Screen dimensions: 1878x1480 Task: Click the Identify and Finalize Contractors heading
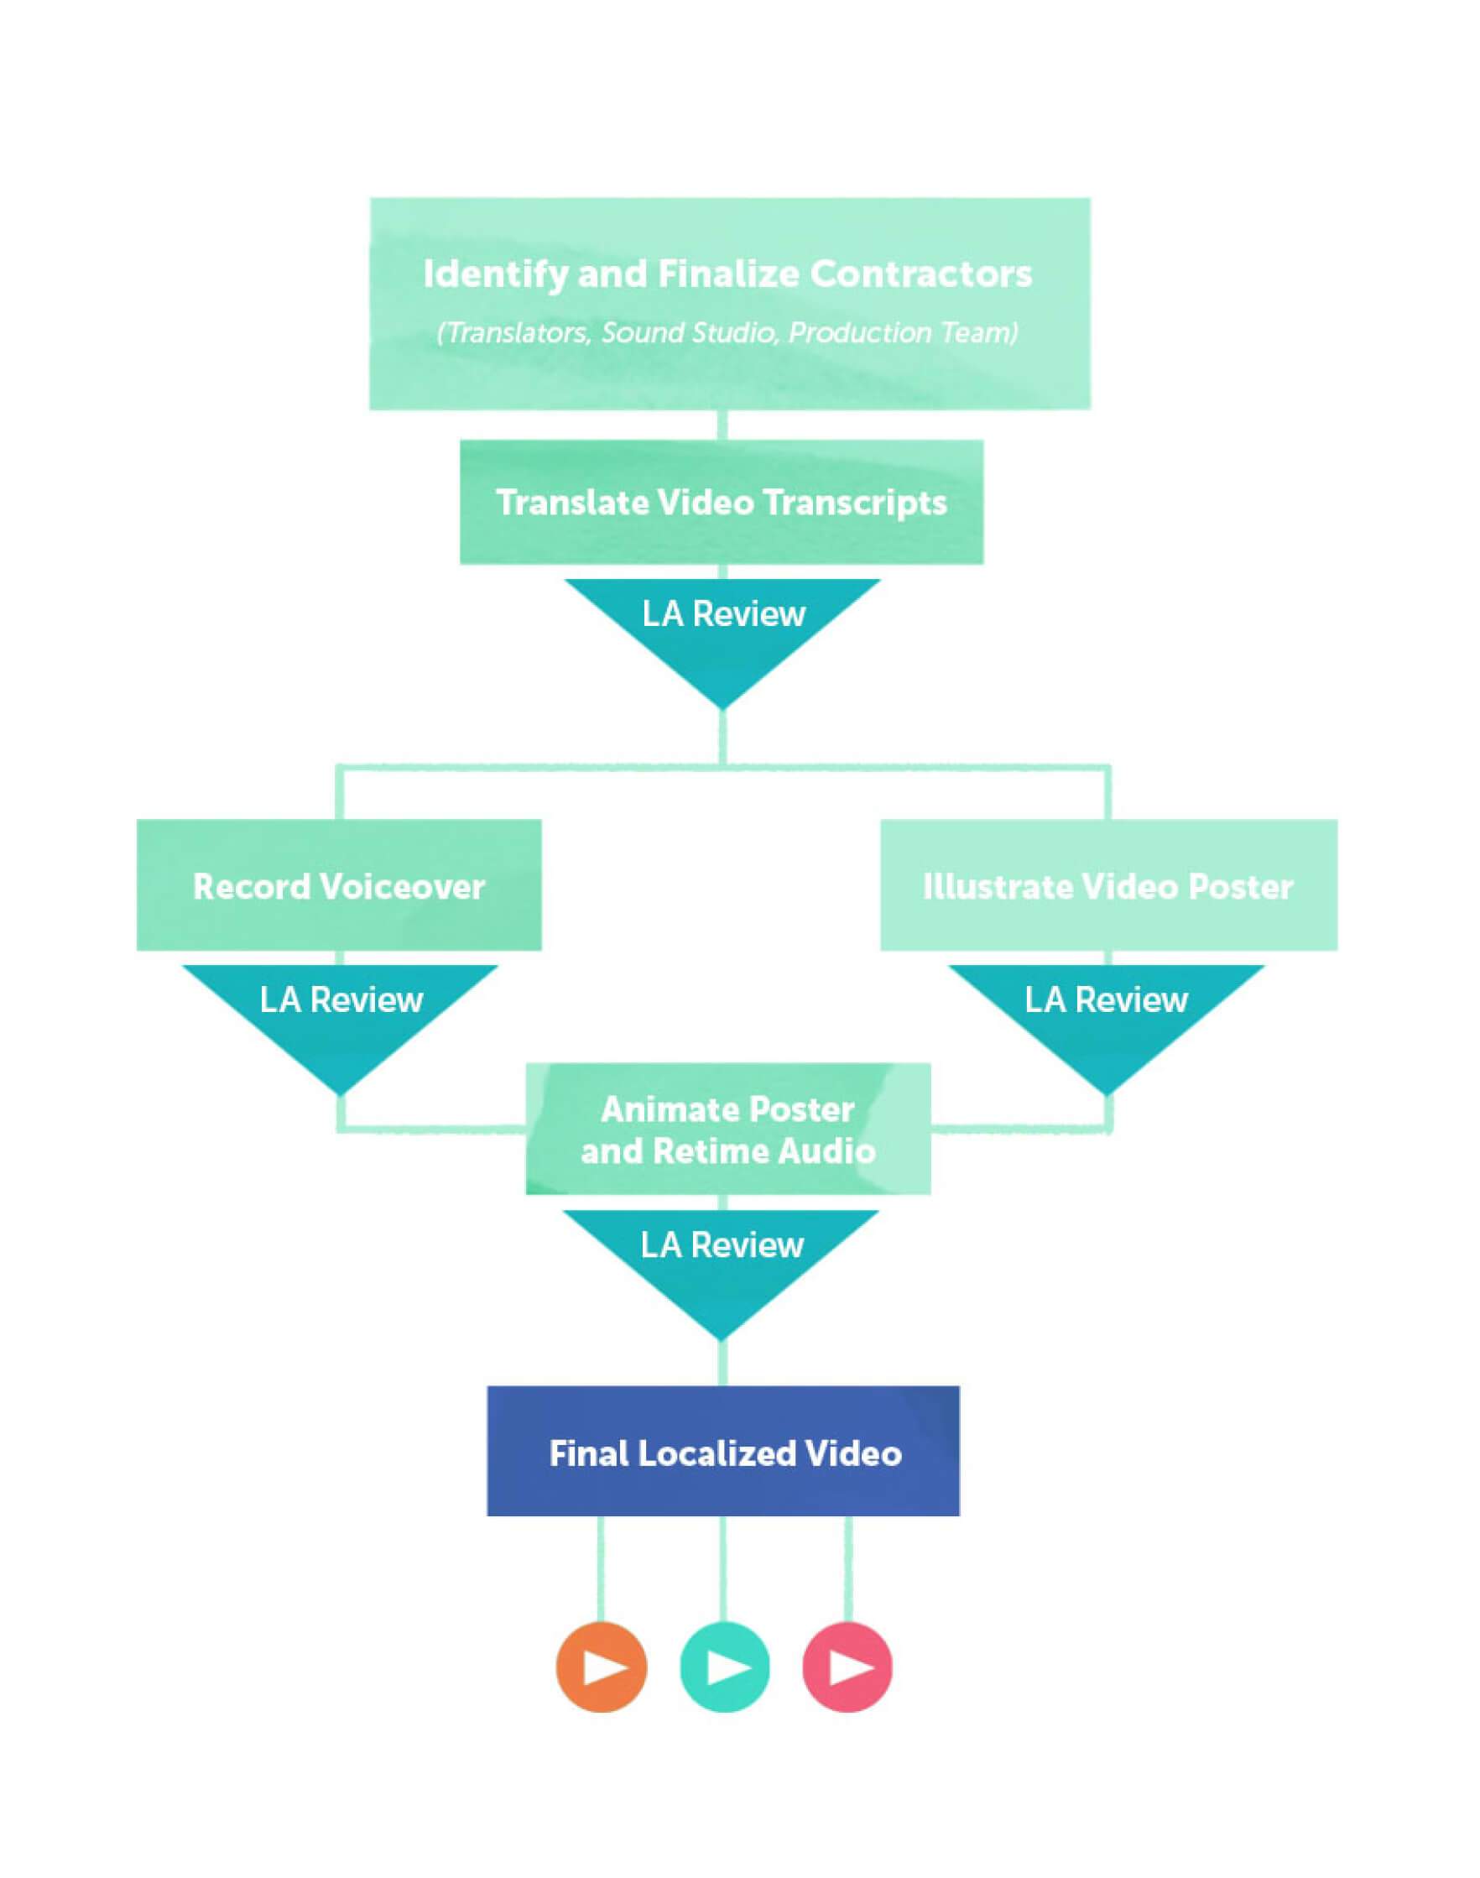coord(727,274)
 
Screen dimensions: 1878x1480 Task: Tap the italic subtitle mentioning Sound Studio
coord(727,333)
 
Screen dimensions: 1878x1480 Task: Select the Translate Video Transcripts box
coord(721,503)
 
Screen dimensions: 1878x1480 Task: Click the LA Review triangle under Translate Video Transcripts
coord(722,629)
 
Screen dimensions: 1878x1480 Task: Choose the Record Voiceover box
coord(339,885)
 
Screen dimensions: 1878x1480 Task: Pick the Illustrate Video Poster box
coord(1108,885)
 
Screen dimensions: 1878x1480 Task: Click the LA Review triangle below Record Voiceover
coord(341,1014)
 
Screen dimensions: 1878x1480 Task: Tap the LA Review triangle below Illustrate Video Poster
coord(1106,1014)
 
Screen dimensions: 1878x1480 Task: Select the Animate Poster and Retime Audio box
coord(728,1129)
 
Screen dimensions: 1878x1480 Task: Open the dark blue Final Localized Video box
coord(723,1453)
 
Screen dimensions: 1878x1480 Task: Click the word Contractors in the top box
coord(920,274)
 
